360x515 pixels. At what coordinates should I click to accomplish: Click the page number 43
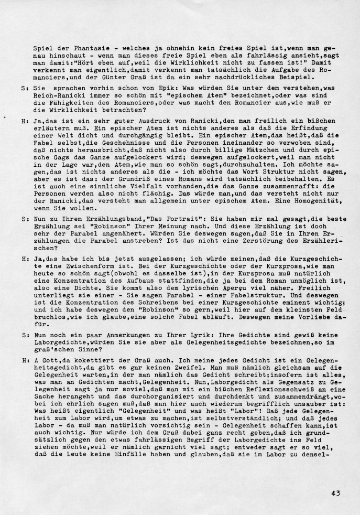click(x=336, y=492)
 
